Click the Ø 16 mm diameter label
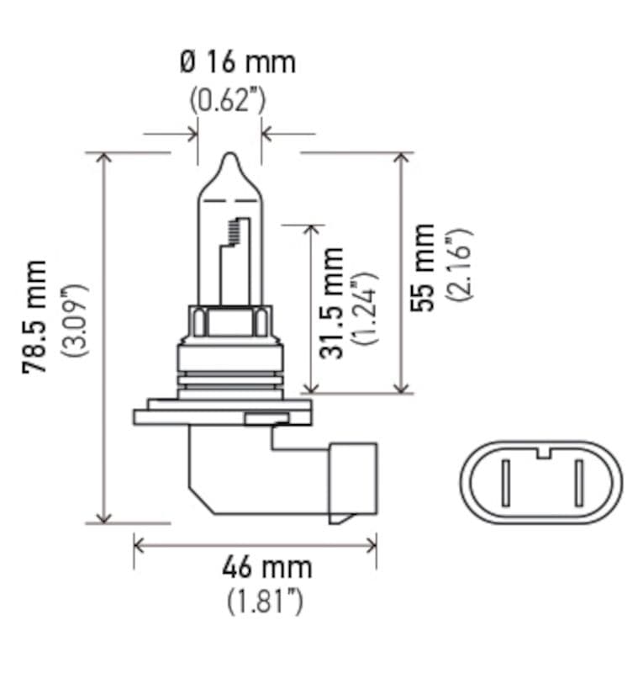tap(237, 62)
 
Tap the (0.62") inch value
tap(228, 100)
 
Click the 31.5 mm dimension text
tap(334, 302)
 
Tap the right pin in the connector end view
tap(579, 486)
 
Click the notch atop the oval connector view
tap(542, 455)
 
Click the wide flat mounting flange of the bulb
tap(222, 414)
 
